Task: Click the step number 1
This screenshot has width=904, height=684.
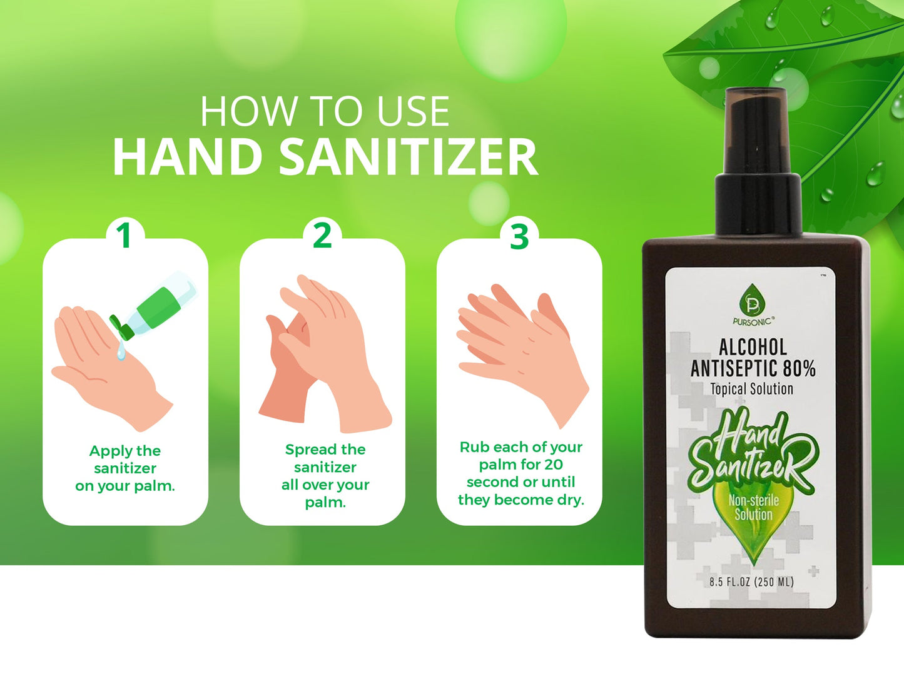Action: pos(124,236)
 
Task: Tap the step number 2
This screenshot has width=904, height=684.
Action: pos(322,236)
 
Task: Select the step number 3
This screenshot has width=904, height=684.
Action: pos(519,237)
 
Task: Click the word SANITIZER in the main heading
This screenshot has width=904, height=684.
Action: pos(408,157)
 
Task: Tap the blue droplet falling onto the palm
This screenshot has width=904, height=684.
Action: pos(121,353)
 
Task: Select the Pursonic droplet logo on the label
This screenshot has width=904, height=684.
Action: pos(752,301)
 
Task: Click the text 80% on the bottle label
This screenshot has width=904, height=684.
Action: pos(800,368)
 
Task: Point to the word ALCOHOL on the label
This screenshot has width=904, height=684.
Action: pos(753,347)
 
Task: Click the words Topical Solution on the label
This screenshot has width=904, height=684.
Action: pos(752,389)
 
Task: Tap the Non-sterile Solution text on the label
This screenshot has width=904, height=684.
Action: pos(753,507)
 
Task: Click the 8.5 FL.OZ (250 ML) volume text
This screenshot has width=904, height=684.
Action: pos(751,582)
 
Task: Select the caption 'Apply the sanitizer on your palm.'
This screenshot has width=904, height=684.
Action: pos(125,468)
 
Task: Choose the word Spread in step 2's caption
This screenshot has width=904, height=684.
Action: pos(307,450)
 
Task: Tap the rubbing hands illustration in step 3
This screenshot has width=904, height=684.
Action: pos(522,350)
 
